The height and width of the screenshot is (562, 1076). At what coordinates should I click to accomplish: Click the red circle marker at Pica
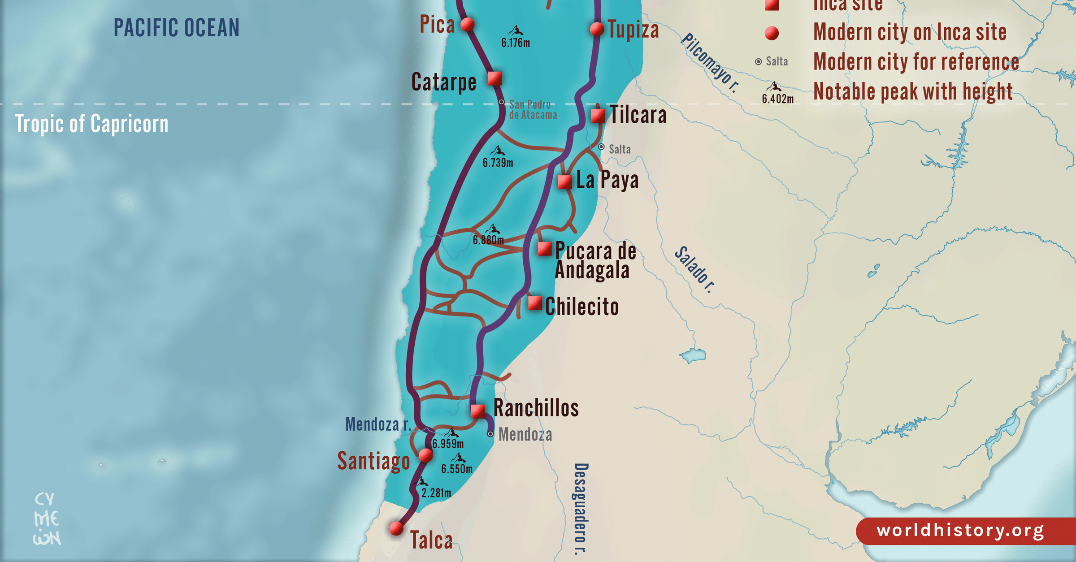coord(467,24)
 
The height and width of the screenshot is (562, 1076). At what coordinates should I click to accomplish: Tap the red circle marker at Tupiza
coord(597,29)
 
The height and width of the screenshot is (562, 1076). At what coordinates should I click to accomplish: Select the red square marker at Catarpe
coord(495,78)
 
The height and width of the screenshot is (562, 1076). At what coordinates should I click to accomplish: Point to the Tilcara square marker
coord(598,116)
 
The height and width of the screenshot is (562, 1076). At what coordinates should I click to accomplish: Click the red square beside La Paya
coord(565,182)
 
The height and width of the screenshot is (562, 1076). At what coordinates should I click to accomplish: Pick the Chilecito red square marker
coord(534,303)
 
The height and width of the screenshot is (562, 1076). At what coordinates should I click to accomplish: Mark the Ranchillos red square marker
coord(478,411)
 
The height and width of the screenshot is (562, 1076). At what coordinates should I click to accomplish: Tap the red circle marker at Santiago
coord(425,455)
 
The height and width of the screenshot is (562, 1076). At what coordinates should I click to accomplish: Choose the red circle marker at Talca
coord(396,528)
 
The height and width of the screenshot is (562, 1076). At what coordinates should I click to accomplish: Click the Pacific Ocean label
coord(177,28)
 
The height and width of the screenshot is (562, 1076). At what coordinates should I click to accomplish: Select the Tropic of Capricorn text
coord(92,124)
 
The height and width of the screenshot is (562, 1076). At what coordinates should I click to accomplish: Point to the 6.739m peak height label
coord(498,163)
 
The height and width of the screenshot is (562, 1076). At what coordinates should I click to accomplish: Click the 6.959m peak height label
coord(448,444)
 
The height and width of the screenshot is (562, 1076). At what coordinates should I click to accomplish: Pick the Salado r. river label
coord(695,269)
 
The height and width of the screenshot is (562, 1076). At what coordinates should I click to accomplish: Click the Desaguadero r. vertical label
coord(581,509)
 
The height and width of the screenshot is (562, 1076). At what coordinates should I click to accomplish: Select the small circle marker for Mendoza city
coord(490,434)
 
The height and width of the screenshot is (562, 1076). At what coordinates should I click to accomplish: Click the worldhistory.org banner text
coord(960,531)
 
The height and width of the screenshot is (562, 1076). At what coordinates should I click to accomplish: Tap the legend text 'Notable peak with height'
coord(913,92)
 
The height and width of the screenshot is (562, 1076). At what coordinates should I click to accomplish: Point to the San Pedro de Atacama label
coord(533,110)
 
